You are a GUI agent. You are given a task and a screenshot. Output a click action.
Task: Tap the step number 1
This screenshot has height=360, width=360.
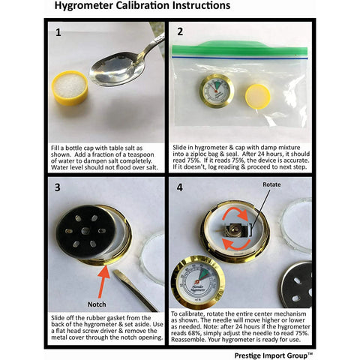pyautogui.click(x=58, y=32)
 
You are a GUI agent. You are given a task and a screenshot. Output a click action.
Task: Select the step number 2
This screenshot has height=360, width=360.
pyautogui.click(x=180, y=31)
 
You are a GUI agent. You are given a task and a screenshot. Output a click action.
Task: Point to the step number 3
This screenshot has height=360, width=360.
pyautogui.click(x=58, y=187)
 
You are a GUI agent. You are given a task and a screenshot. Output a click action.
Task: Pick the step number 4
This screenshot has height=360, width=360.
pyautogui.click(x=180, y=187)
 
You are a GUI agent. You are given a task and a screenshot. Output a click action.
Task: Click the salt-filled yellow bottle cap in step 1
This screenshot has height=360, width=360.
pyautogui.click(x=70, y=88)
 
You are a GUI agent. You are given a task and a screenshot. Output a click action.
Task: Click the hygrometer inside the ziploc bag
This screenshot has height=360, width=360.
pyautogui.click(x=217, y=91)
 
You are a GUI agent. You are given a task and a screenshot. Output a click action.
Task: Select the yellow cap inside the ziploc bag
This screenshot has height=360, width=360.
pyautogui.click(x=258, y=97)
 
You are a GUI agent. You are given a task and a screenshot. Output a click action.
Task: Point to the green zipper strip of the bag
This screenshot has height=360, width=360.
pyautogui.click(x=239, y=49)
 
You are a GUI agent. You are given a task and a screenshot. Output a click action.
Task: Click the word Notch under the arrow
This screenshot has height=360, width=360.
pyautogui.click(x=97, y=304)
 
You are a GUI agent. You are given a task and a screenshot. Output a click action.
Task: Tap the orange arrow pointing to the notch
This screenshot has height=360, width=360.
pyautogui.click(x=103, y=281)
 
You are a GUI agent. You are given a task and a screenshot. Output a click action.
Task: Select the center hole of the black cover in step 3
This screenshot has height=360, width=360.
pyautogui.click(x=85, y=231)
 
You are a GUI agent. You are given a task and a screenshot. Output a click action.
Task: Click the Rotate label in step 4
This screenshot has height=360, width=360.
pyautogui.click(x=271, y=184)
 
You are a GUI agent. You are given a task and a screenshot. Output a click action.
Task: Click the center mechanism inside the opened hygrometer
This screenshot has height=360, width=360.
pyautogui.click(x=234, y=230)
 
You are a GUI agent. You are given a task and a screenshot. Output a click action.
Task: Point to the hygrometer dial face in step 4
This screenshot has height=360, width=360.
pyautogui.click(x=198, y=283)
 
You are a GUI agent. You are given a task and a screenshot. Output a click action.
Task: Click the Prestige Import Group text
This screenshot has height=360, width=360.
pyautogui.click(x=274, y=355)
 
